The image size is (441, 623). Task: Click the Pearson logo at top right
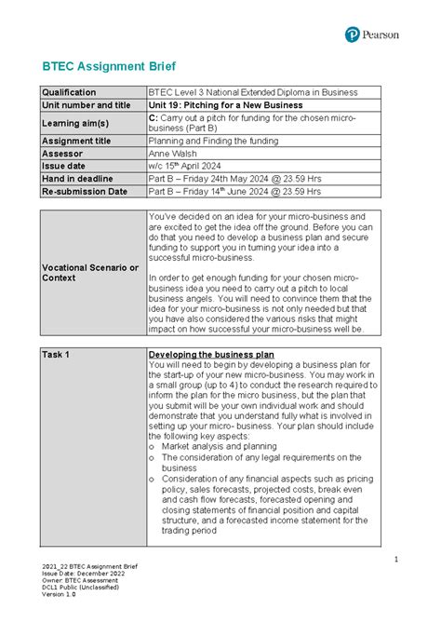(371, 34)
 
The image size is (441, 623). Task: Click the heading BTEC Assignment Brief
(102, 67)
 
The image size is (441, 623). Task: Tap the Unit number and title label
(86, 105)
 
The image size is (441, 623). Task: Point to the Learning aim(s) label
(75, 123)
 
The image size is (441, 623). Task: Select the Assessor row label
(62, 153)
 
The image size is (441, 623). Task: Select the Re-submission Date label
(84, 191)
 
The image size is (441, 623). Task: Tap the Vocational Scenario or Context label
(89, 273)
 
